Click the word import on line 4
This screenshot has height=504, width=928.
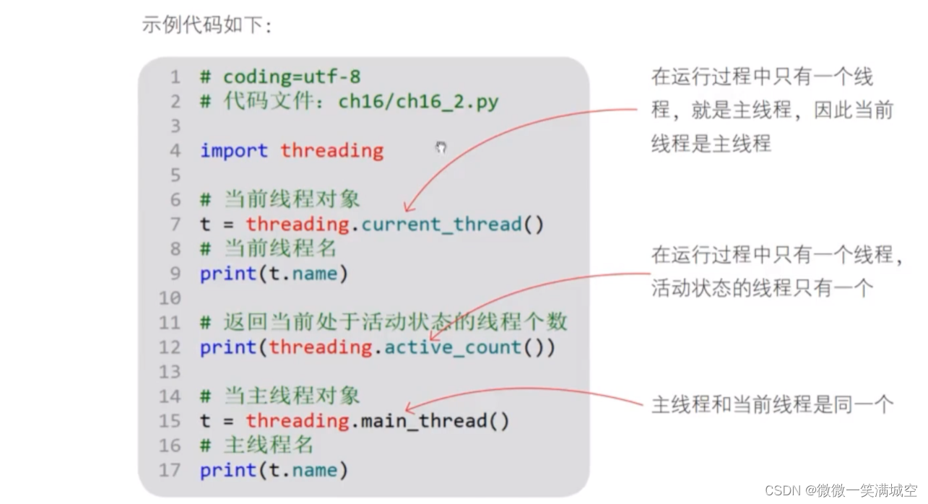coord(233,150)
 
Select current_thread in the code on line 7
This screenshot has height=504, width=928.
coord(441,224)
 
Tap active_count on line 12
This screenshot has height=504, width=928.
coord(453,347)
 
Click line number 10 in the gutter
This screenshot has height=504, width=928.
coord(170,297)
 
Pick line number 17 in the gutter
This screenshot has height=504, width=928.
coord(170,470)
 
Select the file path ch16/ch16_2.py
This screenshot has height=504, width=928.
coord(418,101)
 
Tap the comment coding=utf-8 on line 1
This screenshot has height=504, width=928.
coord(291,77)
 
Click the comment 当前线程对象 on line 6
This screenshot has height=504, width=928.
coord(291,199)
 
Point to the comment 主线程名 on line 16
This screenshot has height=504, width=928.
coord(268,445)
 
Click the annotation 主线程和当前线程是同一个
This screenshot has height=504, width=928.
coord(772,404)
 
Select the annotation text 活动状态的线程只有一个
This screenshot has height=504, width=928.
coord(762,288)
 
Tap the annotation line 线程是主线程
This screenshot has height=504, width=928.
coord(711,143)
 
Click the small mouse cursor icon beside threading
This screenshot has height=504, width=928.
coord(441,147)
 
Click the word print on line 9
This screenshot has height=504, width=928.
coord(227,274)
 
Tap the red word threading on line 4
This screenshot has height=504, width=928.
coord(331,150)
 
